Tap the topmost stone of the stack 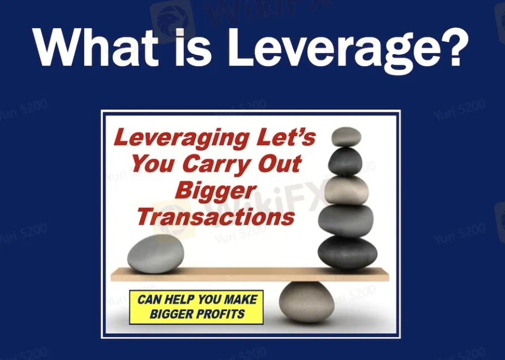346,136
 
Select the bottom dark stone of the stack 347,252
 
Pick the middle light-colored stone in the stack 346,190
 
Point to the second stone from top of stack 345,161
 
